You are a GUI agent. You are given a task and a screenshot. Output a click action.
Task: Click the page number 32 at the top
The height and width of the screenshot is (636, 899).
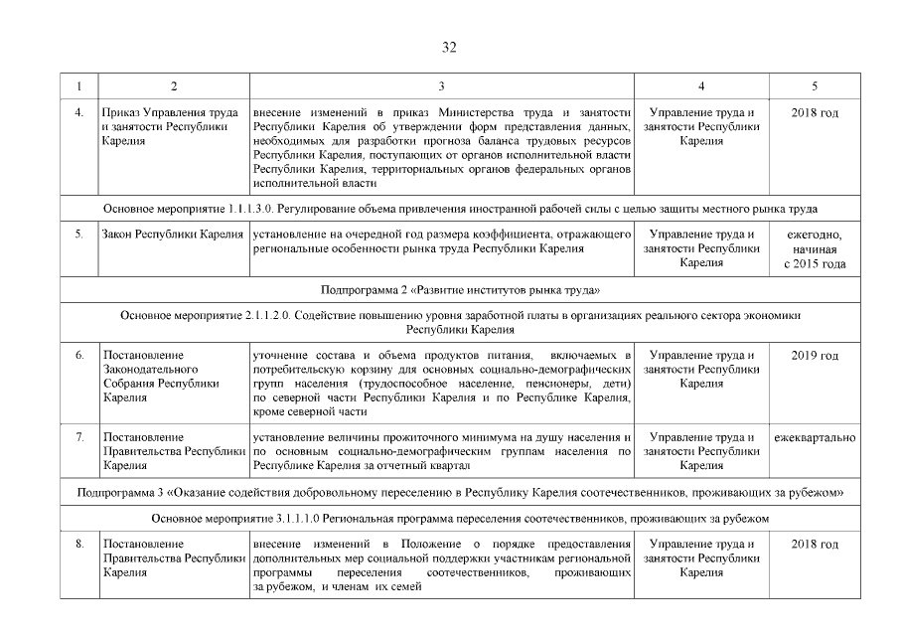point(449,47)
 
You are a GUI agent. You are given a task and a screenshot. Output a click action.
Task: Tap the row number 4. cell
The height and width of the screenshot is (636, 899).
point(78,113)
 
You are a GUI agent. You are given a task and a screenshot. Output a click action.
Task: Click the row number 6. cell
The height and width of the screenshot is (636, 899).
point(78,356)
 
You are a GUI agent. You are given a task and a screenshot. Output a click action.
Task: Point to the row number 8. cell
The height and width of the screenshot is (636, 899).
point(78,545)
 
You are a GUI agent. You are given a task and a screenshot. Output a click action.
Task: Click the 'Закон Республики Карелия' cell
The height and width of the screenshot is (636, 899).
point(173,235)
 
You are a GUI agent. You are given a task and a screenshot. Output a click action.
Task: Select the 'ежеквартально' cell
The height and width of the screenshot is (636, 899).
point(815,437)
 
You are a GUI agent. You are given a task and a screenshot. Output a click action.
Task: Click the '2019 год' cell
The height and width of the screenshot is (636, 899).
point(815,356)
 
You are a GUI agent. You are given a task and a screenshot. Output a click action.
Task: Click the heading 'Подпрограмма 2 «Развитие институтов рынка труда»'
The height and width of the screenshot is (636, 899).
point(461,290)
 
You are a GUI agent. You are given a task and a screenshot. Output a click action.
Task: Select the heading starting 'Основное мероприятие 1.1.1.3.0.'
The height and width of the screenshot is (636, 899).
point(461,209)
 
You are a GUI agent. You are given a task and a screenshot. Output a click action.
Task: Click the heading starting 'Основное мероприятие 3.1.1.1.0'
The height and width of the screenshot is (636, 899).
point(461,519)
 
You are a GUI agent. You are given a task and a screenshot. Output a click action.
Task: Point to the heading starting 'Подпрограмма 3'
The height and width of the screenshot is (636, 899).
point(461,492)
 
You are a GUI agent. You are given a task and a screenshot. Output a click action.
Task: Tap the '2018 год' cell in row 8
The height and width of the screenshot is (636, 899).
point(815,545)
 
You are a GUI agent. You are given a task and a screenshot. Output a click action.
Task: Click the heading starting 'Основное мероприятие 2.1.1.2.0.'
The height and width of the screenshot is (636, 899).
point(461,321)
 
